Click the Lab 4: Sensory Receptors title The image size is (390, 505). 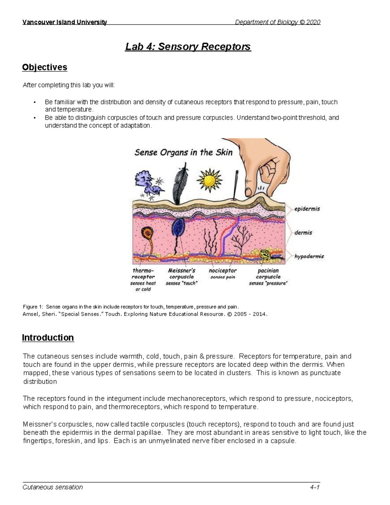click(x=188, y=47)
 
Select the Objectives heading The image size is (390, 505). click(x=45, y=67)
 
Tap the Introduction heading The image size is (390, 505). click(x=48, y=338)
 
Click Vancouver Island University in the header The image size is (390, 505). click(x=64, y=22)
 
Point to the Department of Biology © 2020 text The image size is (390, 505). click(x=278, y=22)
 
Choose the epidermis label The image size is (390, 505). click(x=307, y=209)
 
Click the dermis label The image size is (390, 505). click(x=303, y=233)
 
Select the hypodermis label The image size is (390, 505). click(x=309, y=256)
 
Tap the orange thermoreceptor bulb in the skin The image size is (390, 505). click(x=148, y=233)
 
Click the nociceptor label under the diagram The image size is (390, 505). click(x=223, y=271)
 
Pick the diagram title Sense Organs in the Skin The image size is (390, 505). click(x=183, y=153)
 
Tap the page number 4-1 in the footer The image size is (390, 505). click(x=315, y=487)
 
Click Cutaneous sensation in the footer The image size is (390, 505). click(x=53, y=487)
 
